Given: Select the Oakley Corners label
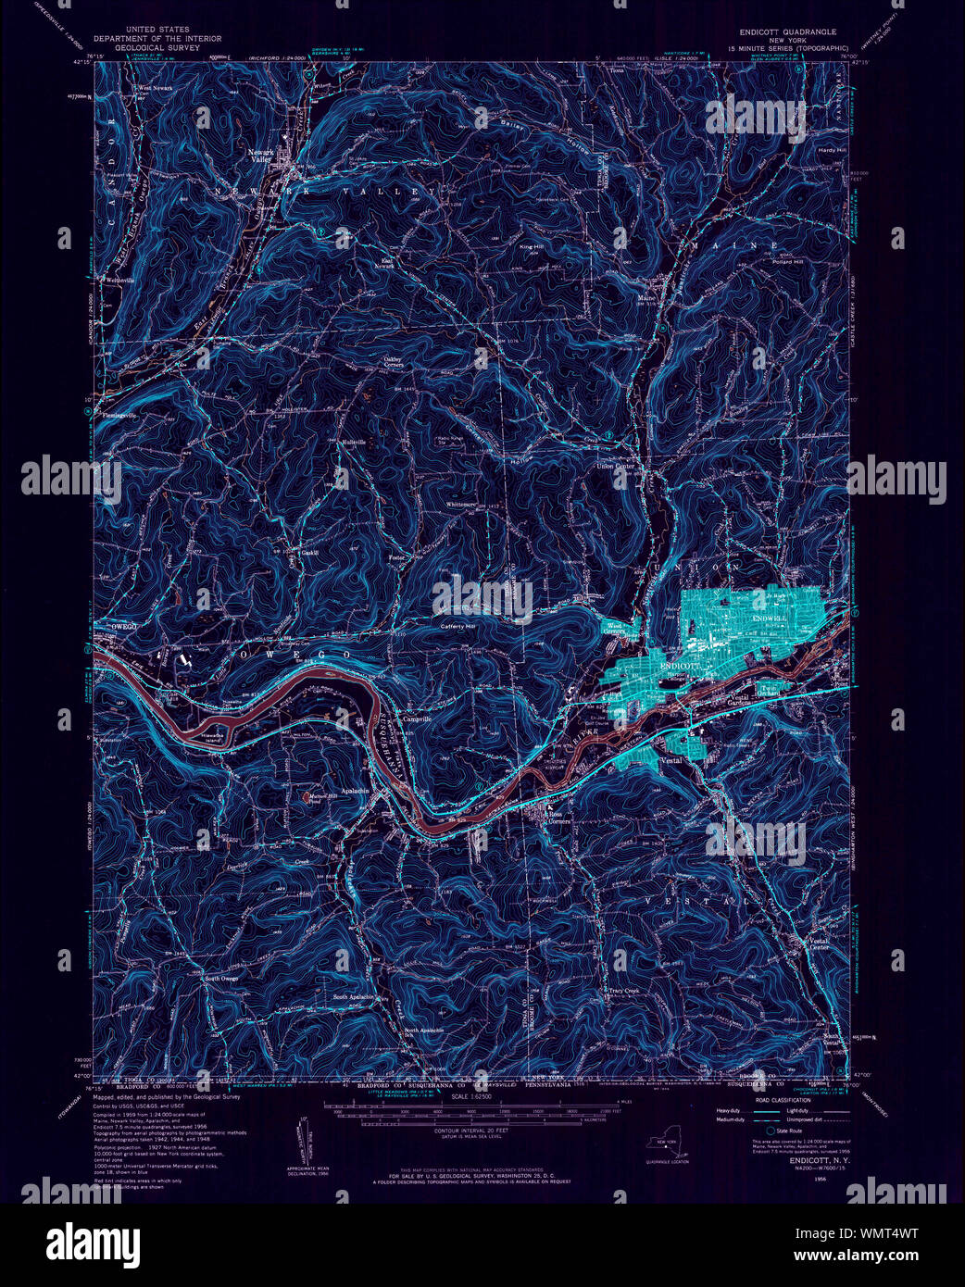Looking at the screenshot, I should [399, 362].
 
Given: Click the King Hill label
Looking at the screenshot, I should [532, 247].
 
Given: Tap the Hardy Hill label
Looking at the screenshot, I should [831, 149].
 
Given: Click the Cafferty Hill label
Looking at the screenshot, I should [457, 627].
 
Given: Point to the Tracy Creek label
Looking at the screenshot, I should [624, 990].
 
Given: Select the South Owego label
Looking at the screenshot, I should [221, 979].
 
